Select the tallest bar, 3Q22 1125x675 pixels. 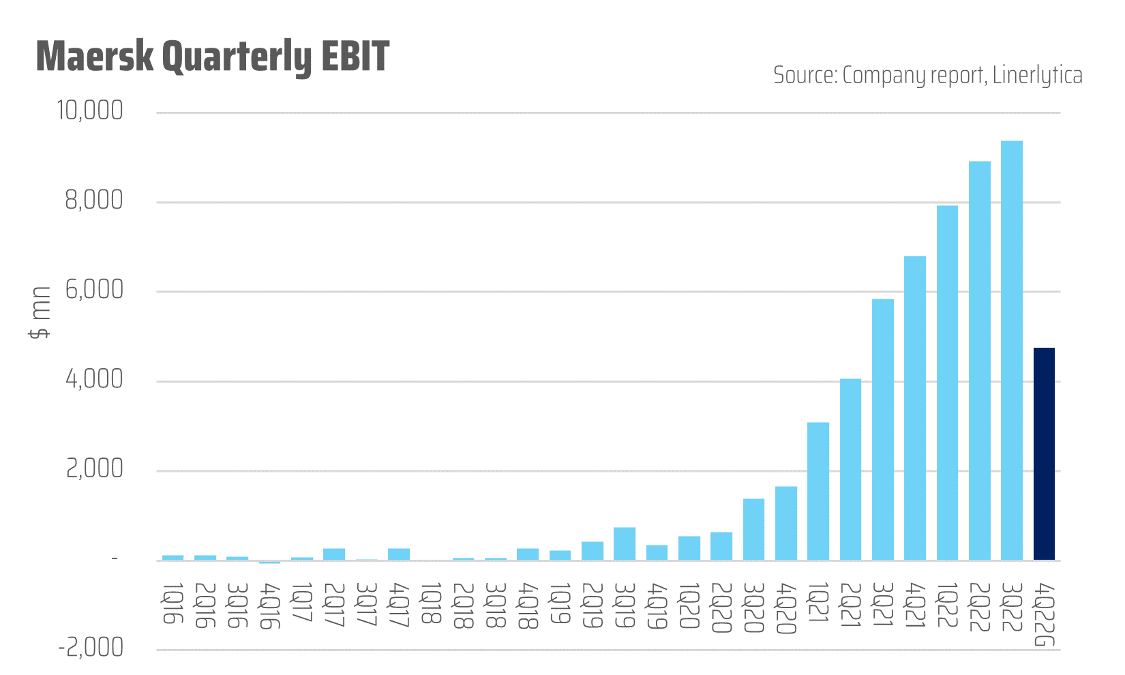pyautogui.click(x=1012, y=350)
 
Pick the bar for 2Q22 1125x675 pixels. pyautogui.click(x=980, y=361)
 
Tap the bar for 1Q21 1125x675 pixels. pyautogui.click(x=818, y=491)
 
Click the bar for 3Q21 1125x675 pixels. pyautogui.click(x=883, y=430)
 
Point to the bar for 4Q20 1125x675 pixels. pyautogui.click(x=786, y=523)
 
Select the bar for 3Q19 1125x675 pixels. pyautogui.click(x=625, y=543)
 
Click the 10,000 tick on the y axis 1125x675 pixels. pyautogui.click(x=90, y=111)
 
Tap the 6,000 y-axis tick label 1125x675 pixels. pyautogui.click(x=94, y=290)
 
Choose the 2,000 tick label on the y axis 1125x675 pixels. pyautogui.click(x=94, y=470)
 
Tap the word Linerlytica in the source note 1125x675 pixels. pyautogui.click(x=1037, y=75)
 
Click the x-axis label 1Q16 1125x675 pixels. pyautogui.click(x=173, y=603)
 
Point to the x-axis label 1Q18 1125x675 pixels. pyautogui.click(x=431, y=604)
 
